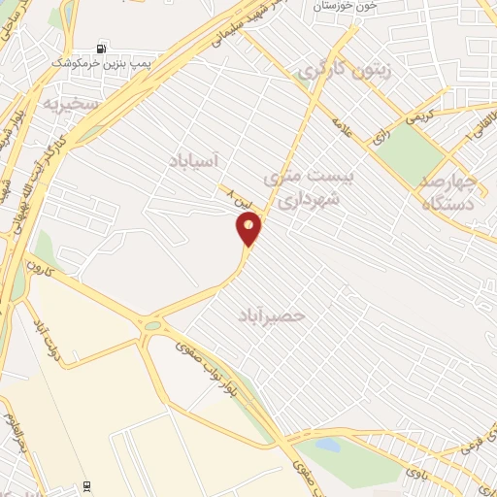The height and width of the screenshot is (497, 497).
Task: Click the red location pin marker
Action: [249, 229]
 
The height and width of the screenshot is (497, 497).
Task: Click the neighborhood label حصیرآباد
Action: [272, 315]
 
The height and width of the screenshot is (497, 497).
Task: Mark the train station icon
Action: [89, 485]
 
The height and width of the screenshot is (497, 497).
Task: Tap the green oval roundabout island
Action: [151, 327]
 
